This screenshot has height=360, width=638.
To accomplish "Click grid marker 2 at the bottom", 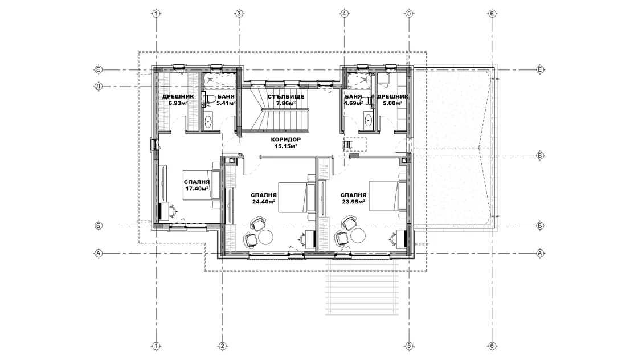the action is [x=223, y=346].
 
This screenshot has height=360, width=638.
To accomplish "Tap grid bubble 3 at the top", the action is [x=239, y=14].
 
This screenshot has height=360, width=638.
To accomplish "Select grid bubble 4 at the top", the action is [x=344, y=14].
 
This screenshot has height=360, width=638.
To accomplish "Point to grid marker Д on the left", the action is [x=99, y=86].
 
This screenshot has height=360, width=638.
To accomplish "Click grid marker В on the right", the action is [x=541, y=156].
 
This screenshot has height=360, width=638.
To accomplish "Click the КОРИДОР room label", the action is [x=285, y=140].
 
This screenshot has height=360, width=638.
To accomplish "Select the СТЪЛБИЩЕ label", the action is [x=285, y=97].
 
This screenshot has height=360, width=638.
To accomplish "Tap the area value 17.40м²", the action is [x=197, y=189].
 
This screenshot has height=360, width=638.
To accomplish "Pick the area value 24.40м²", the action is [x=264, y=201].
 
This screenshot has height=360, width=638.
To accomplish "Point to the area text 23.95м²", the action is [x=353, y=201].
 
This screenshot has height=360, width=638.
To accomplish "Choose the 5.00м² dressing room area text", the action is [x=392, y=103].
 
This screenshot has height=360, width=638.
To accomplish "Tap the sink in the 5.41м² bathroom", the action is [x=208, y=121].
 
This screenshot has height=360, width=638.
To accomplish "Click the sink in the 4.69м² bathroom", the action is [x=369, y=121].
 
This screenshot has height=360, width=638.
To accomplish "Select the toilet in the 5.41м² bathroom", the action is [x=209, y=99].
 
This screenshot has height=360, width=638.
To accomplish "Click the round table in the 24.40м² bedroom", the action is [x=267, y=237].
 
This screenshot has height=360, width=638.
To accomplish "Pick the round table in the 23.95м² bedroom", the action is [x=358, y=236].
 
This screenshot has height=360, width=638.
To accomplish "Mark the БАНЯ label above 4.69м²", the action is [x=353, y=97].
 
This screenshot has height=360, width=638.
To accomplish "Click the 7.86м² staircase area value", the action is [x=285, y=103].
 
